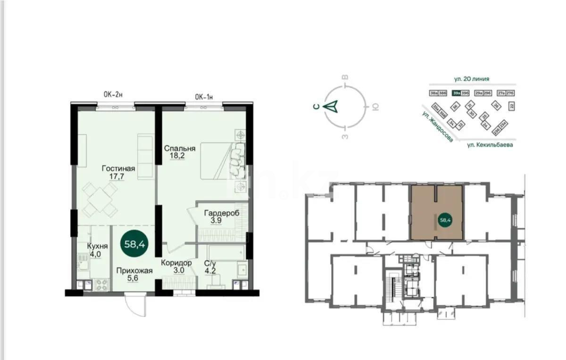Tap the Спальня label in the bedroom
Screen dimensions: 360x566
pos(180,148)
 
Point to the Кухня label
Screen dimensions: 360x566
pos(98,246)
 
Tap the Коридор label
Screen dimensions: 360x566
pos(176,263)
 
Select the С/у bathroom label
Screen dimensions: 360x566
pos(210,263)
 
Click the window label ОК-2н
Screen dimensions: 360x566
pos(113,95)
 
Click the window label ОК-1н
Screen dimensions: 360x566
pos(204,97)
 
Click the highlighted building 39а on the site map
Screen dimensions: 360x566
pos(456,93)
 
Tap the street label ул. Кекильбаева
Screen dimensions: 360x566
pos(490,145)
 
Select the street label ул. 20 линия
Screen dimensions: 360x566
pos(473,79)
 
